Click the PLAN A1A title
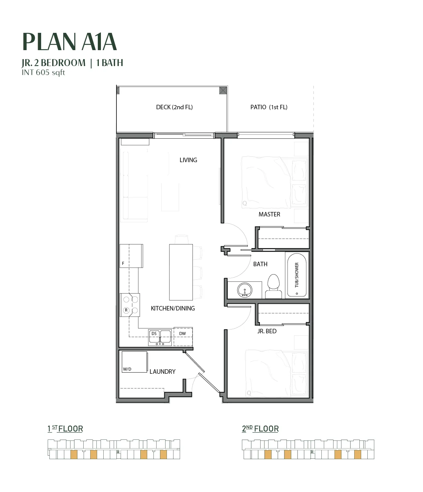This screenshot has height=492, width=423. pyautogui.click(x=70, y=42)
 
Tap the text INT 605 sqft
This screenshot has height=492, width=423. pyautogui.click(x=43, y=72)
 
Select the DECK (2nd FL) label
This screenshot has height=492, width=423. pyautogui.click(x=175, y=107)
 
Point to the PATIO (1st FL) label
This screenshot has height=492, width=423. pyautogui.click(x=269, y=107)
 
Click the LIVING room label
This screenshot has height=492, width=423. pyautogui.click(x=188, y=160)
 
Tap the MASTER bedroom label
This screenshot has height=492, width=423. pyautogui.click(x=269, y=214)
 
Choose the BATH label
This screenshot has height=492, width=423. pyautogui.click(x=260, y=264)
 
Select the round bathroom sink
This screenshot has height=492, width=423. pyautogui.click(x=245, y=290)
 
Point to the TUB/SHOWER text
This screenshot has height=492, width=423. pyautogui.click(x=297, y=275)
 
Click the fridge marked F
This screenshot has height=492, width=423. pyautogui.click(x=131, y=256)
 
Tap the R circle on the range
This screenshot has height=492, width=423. pyautogui.click(x=126, y=310)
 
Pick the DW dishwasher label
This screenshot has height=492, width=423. pyautogui.click(x=182, y=334)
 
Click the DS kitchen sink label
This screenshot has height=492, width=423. pyautogui.click(x=154, y=334)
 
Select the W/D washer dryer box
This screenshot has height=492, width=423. pyautogui.click(x=134, y=362)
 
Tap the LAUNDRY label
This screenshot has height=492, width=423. pyautogui.click(x=162, y=372)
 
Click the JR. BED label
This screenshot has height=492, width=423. pyautogui.click(x=267, y=331)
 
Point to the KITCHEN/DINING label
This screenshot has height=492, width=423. pyautogui.click(x=173, y=308)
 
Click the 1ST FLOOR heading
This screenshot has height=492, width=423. pyautogui.click(x=65, y=429)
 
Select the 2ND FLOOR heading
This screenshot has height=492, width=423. pyautogui.click(x=260, y=429)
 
